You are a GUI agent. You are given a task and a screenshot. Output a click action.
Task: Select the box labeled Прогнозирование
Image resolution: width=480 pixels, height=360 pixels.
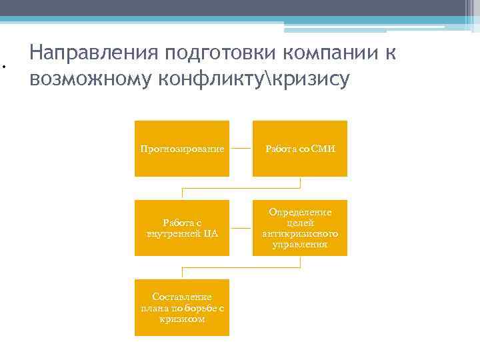pos(182,149)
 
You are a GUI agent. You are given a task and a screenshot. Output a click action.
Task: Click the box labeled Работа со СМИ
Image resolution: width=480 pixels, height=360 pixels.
pos(300,149)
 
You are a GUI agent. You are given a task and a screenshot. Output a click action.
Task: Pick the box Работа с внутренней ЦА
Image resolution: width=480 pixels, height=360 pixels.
pos(182,228)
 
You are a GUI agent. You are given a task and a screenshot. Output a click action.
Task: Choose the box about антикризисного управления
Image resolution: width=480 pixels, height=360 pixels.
pos(300,228)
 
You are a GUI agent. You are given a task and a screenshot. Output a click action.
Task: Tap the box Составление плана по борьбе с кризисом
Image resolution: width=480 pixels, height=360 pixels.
pos(182,307)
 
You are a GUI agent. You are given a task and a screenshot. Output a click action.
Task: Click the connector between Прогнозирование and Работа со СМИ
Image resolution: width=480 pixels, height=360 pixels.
pos(241,149)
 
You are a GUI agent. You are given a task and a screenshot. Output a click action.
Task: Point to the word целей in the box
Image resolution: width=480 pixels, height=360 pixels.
pos(300,223)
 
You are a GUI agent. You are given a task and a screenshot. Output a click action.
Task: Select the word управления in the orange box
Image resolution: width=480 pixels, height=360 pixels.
pos(300,245)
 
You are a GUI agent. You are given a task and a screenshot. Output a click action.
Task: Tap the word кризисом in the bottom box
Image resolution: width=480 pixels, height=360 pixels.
pos(182,319)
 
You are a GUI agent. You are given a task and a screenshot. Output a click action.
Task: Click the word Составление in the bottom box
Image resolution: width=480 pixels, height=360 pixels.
pos(182,297)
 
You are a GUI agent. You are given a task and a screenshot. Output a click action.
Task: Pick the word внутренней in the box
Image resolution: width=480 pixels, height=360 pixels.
pos(171,234)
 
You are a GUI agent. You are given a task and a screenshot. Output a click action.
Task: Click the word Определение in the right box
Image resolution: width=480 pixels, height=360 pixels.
pos(300,212)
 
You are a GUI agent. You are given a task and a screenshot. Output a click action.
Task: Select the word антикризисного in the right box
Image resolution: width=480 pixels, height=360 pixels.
pos(300,234)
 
